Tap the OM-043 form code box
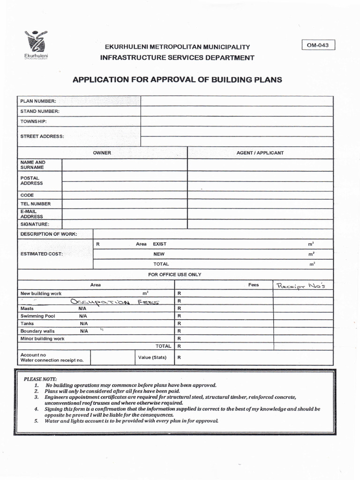coord(319,45)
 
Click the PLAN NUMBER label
coord(38,101)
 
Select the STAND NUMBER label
coord(39,112)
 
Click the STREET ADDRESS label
coord(42,137)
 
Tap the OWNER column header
coord(102,153)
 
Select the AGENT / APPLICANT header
coord(260,153)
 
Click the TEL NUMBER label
coord(36,204)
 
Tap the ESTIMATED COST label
coord(41,254)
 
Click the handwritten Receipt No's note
coord(303,285)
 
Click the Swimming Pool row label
coord(37,316)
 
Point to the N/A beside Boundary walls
coord(84,331)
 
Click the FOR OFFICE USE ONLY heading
coord(174,275)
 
